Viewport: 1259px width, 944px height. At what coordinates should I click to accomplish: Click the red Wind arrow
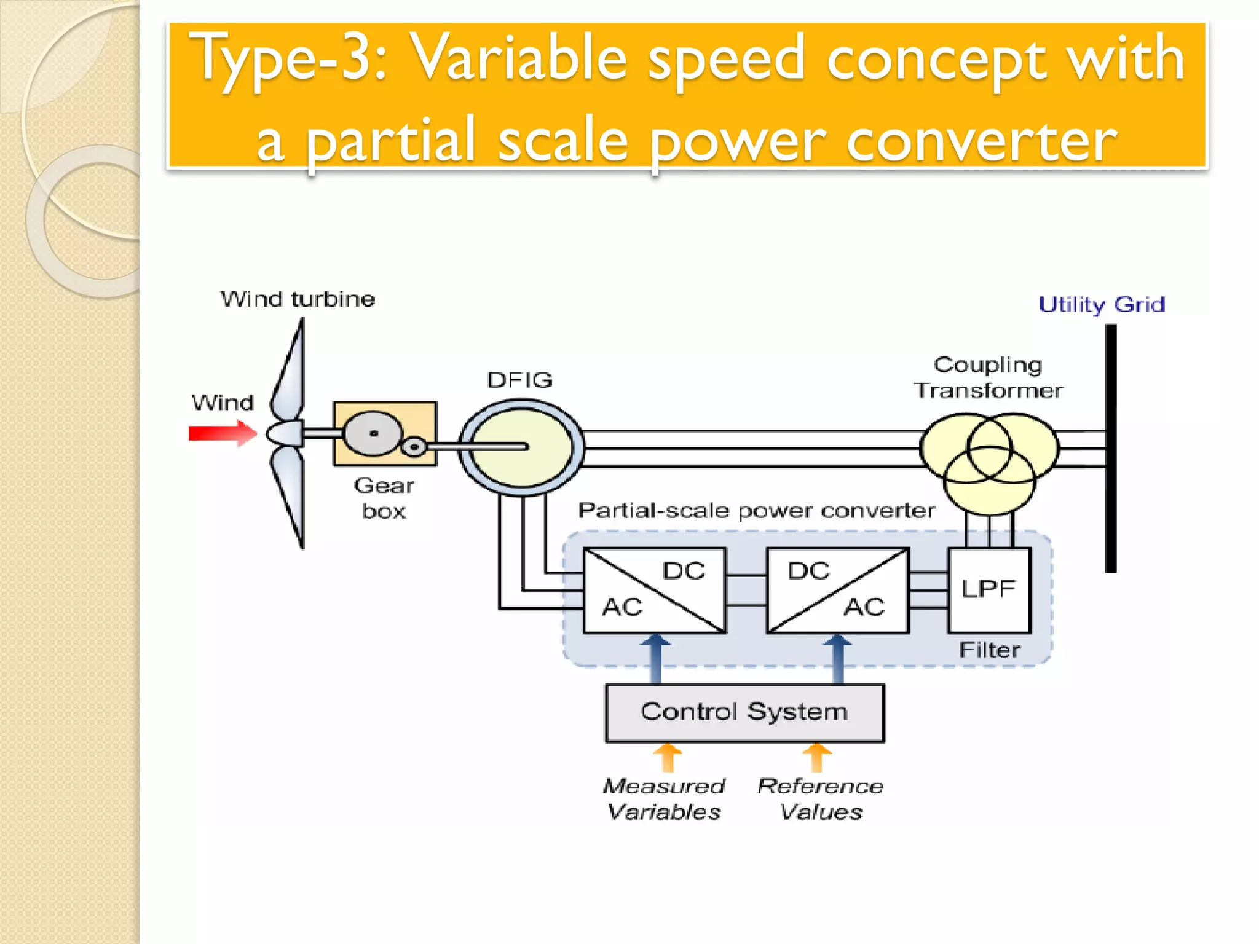tap(221, 433)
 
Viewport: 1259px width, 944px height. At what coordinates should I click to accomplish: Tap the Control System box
tap(744, 713)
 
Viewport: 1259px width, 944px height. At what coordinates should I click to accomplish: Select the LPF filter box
tap(989, 589)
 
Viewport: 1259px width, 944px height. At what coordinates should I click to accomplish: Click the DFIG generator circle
tap(521, 447)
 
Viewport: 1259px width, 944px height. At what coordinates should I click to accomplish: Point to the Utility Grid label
tap(1102, 305)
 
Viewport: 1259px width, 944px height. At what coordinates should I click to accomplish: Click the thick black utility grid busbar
tap(1111, 449)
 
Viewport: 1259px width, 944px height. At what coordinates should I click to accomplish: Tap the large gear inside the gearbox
tap(373, 433)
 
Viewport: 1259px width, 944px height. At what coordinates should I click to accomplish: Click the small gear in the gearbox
tap(414, 447)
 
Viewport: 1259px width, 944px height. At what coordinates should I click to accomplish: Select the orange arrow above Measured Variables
tap(668, 757)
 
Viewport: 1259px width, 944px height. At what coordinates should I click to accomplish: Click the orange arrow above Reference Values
tap(817, 757)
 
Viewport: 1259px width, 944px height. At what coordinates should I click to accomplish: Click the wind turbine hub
tap(285, 434)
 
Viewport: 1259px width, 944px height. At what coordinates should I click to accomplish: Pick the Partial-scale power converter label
tap(756, 511)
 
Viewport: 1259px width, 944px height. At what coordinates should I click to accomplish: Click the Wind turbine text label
tap(298, 299)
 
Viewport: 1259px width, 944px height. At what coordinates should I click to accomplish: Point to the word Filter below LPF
tap(989, 650)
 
